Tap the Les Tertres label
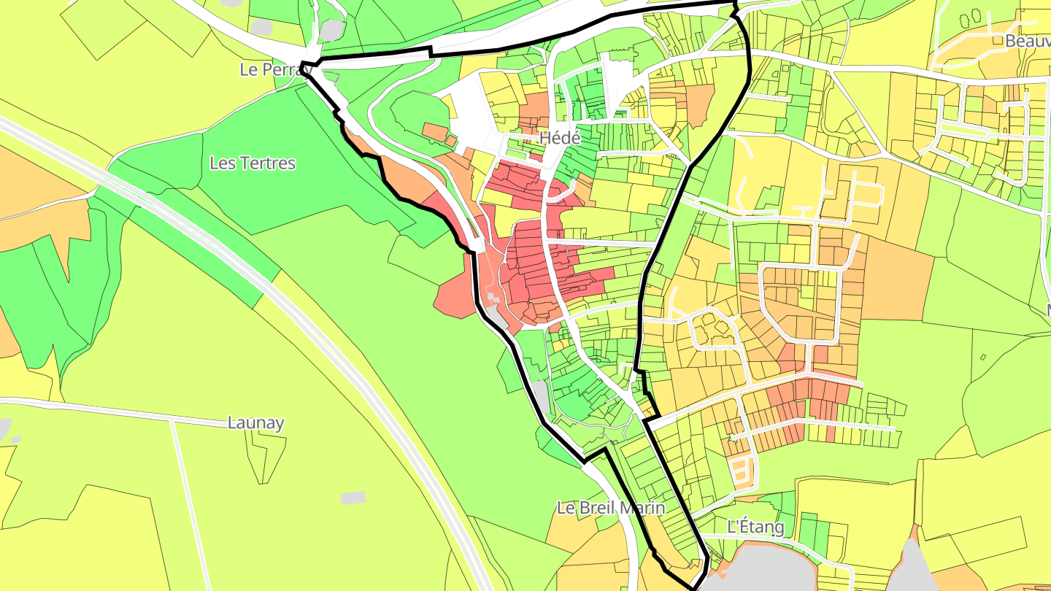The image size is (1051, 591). click(253, 163)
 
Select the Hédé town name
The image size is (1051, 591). click(559, 138)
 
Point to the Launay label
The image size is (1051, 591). click(255, 422)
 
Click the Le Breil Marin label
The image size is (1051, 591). click(611, 508)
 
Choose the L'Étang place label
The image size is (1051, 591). click(755, 526)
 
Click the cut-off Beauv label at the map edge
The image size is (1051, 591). click(1027, 41)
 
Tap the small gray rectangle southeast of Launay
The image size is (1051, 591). click(353, 498)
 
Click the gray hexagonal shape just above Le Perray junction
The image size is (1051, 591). click(331, 30)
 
